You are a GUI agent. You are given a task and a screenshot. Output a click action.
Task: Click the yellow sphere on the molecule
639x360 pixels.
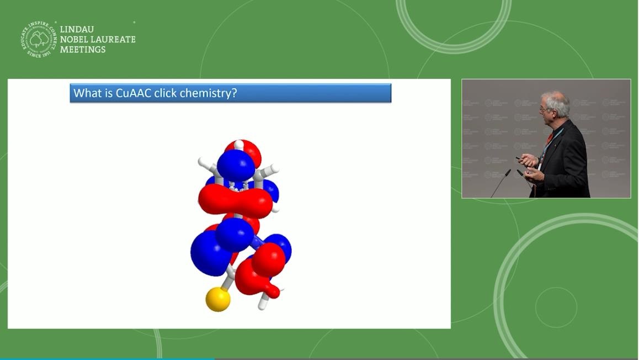218,299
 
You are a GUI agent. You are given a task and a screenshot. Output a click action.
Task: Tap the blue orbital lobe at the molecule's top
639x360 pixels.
236,164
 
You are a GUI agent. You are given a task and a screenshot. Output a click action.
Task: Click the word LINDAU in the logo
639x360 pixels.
77,29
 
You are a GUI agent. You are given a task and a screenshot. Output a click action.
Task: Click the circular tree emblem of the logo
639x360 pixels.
39,39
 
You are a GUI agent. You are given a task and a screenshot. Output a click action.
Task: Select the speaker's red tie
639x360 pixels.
549,138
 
